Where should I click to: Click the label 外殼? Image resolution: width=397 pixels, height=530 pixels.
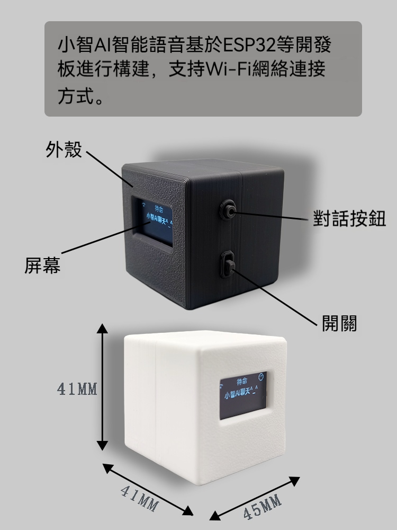coord(64,149)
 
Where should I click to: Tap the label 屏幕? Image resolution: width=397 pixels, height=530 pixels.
coord(42,266)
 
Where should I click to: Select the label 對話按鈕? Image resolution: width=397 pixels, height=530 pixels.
coord(349,218)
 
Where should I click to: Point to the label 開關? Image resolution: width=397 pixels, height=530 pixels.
coord(339,323)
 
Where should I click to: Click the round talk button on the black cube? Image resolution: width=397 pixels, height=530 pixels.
coord(228,210)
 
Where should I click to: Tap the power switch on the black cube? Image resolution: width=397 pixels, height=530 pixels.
coord(228,264)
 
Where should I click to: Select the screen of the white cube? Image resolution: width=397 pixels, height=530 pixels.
coord(243,395)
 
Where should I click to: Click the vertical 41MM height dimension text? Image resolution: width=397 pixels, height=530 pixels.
coord(77,389)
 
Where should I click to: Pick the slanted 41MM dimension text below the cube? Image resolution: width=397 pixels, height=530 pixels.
coord(139,499)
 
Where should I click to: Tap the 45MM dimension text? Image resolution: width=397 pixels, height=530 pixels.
coord(263,506)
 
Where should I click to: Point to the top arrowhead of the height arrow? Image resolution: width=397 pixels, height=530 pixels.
coord(102,328)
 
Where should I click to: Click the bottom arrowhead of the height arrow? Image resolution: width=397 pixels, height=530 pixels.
coord(102,445)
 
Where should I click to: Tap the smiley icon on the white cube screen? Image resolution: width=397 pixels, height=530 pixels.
coord(260,376)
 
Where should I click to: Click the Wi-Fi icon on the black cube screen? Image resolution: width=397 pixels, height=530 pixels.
coord(144,204)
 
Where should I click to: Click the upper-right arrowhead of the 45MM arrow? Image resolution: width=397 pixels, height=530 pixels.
coord(294,480)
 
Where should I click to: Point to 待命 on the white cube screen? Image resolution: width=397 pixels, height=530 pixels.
coord(242,382)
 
